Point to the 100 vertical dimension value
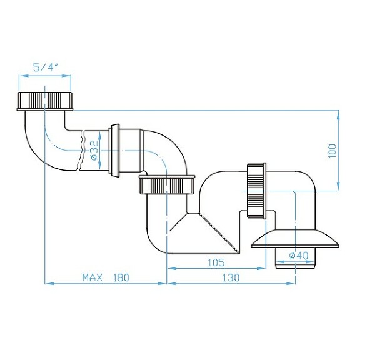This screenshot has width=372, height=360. [x=332, y=150]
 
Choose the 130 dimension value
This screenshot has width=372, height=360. [x=231, y=277]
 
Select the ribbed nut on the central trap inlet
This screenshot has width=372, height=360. [x=167, y=186]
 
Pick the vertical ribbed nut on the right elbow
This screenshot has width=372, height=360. [x=257, y=191]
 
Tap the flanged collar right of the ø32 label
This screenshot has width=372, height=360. [x=115, y=151]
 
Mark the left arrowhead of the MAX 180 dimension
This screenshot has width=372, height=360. [x=47, y=283]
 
